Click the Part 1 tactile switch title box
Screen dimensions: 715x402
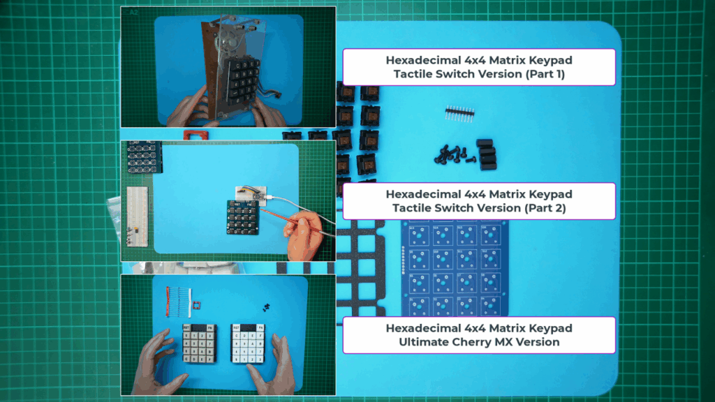click(479, 67)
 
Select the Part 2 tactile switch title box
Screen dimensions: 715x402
click(479, 201)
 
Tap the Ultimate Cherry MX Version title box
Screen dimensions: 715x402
click(479, 335)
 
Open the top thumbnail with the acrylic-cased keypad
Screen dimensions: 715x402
click(228, 67)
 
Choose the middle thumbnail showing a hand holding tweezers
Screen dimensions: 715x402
click(228, 201)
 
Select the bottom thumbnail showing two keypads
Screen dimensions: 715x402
click(228, 335)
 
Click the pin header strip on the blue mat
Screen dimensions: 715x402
click(459, 114)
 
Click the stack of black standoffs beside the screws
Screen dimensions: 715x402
click(487, 154)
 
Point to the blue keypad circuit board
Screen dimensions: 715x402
click(455, 269)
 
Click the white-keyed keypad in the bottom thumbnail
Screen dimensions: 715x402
click(248, 344)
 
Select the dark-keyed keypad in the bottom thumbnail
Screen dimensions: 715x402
click(199, 343)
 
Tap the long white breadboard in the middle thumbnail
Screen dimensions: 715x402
click(137, 216)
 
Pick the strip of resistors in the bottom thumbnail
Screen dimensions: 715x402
click(178, 301)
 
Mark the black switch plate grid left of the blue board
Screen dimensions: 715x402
click(362, 268)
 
